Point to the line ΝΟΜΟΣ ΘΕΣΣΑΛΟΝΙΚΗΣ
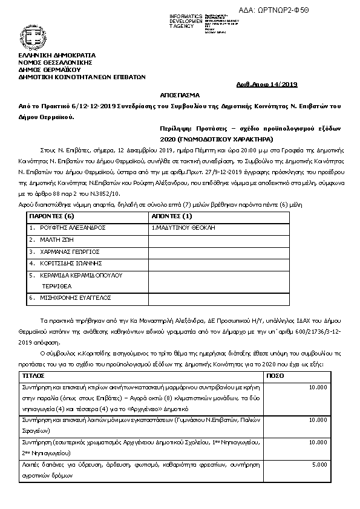click(x=54, y=62)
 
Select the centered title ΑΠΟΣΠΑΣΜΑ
click(x=180, y=96)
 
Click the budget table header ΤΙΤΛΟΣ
click(x=33, y=375)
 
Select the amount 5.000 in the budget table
click(x=319, y=465)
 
